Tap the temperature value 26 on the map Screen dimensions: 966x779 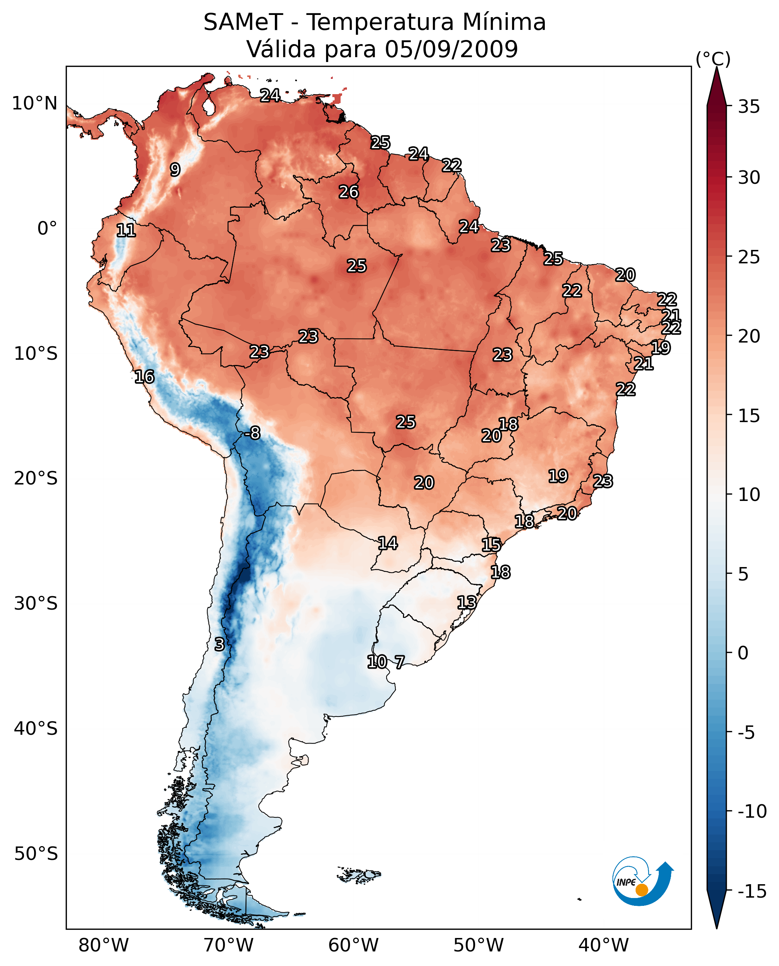tap(349, 192)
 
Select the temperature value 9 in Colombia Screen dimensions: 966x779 tap(175, 170)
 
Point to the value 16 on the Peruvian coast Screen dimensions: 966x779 tap(145, 377)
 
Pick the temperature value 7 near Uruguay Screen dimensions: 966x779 tap(399, 662)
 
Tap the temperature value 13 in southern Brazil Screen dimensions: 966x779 tap(467, 603)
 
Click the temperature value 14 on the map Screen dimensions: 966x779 tap(388, 544)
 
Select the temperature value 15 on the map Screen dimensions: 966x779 tap(491, 545)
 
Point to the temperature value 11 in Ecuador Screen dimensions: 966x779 tap(126, 231)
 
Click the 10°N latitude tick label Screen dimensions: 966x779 tap(35, 104)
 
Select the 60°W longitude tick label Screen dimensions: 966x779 tap(354, 945)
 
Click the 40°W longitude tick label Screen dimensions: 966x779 tap(603, 945)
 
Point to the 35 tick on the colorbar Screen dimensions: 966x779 tap(749, 107)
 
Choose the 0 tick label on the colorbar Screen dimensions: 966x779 tap(743, 653)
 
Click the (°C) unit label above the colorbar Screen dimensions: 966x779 tap(713, 59)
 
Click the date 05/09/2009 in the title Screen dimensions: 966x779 tap(451, 49)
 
